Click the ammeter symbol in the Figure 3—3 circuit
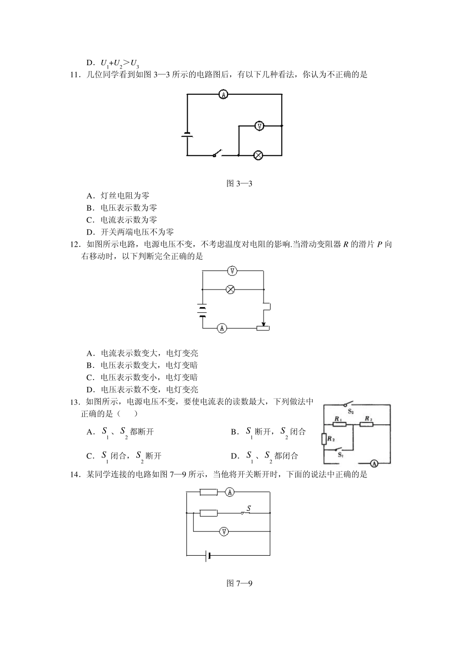tap(223, 94)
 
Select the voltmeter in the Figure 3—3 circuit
tap(260, 126)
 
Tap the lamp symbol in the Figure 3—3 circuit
tap(259, 155)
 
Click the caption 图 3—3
tap(239, 183)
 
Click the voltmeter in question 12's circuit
tap(232, 271)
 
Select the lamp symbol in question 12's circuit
tap(231, 290)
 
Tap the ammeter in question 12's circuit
tap(222, 328)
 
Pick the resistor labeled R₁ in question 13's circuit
tap(339, 424)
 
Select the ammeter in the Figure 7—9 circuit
tap(230, 492)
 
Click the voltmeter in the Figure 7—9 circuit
tap(223, 531)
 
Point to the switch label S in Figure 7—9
tap(248, 508)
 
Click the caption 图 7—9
tap(239, 583)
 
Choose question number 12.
tap(75, 244)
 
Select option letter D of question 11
tap(90, 232)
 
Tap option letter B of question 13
tap(234, 432)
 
